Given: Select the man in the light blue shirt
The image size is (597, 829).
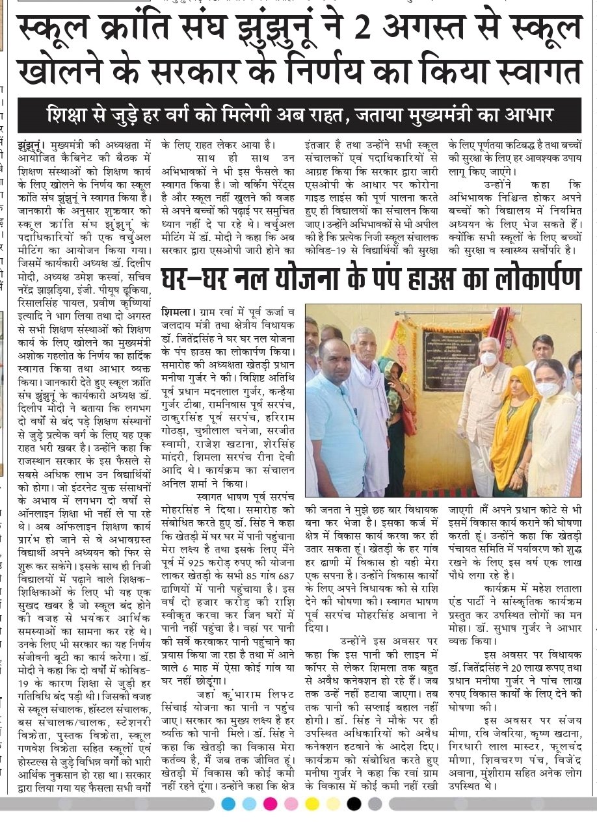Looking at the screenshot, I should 334,416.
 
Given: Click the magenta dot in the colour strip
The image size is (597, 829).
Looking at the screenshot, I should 269,804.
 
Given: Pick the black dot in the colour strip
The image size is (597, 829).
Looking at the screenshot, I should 354,804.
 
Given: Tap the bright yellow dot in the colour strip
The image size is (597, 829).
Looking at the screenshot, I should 312,804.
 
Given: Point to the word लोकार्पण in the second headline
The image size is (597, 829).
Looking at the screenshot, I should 521,278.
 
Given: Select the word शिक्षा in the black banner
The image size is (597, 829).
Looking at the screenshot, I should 70,116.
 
